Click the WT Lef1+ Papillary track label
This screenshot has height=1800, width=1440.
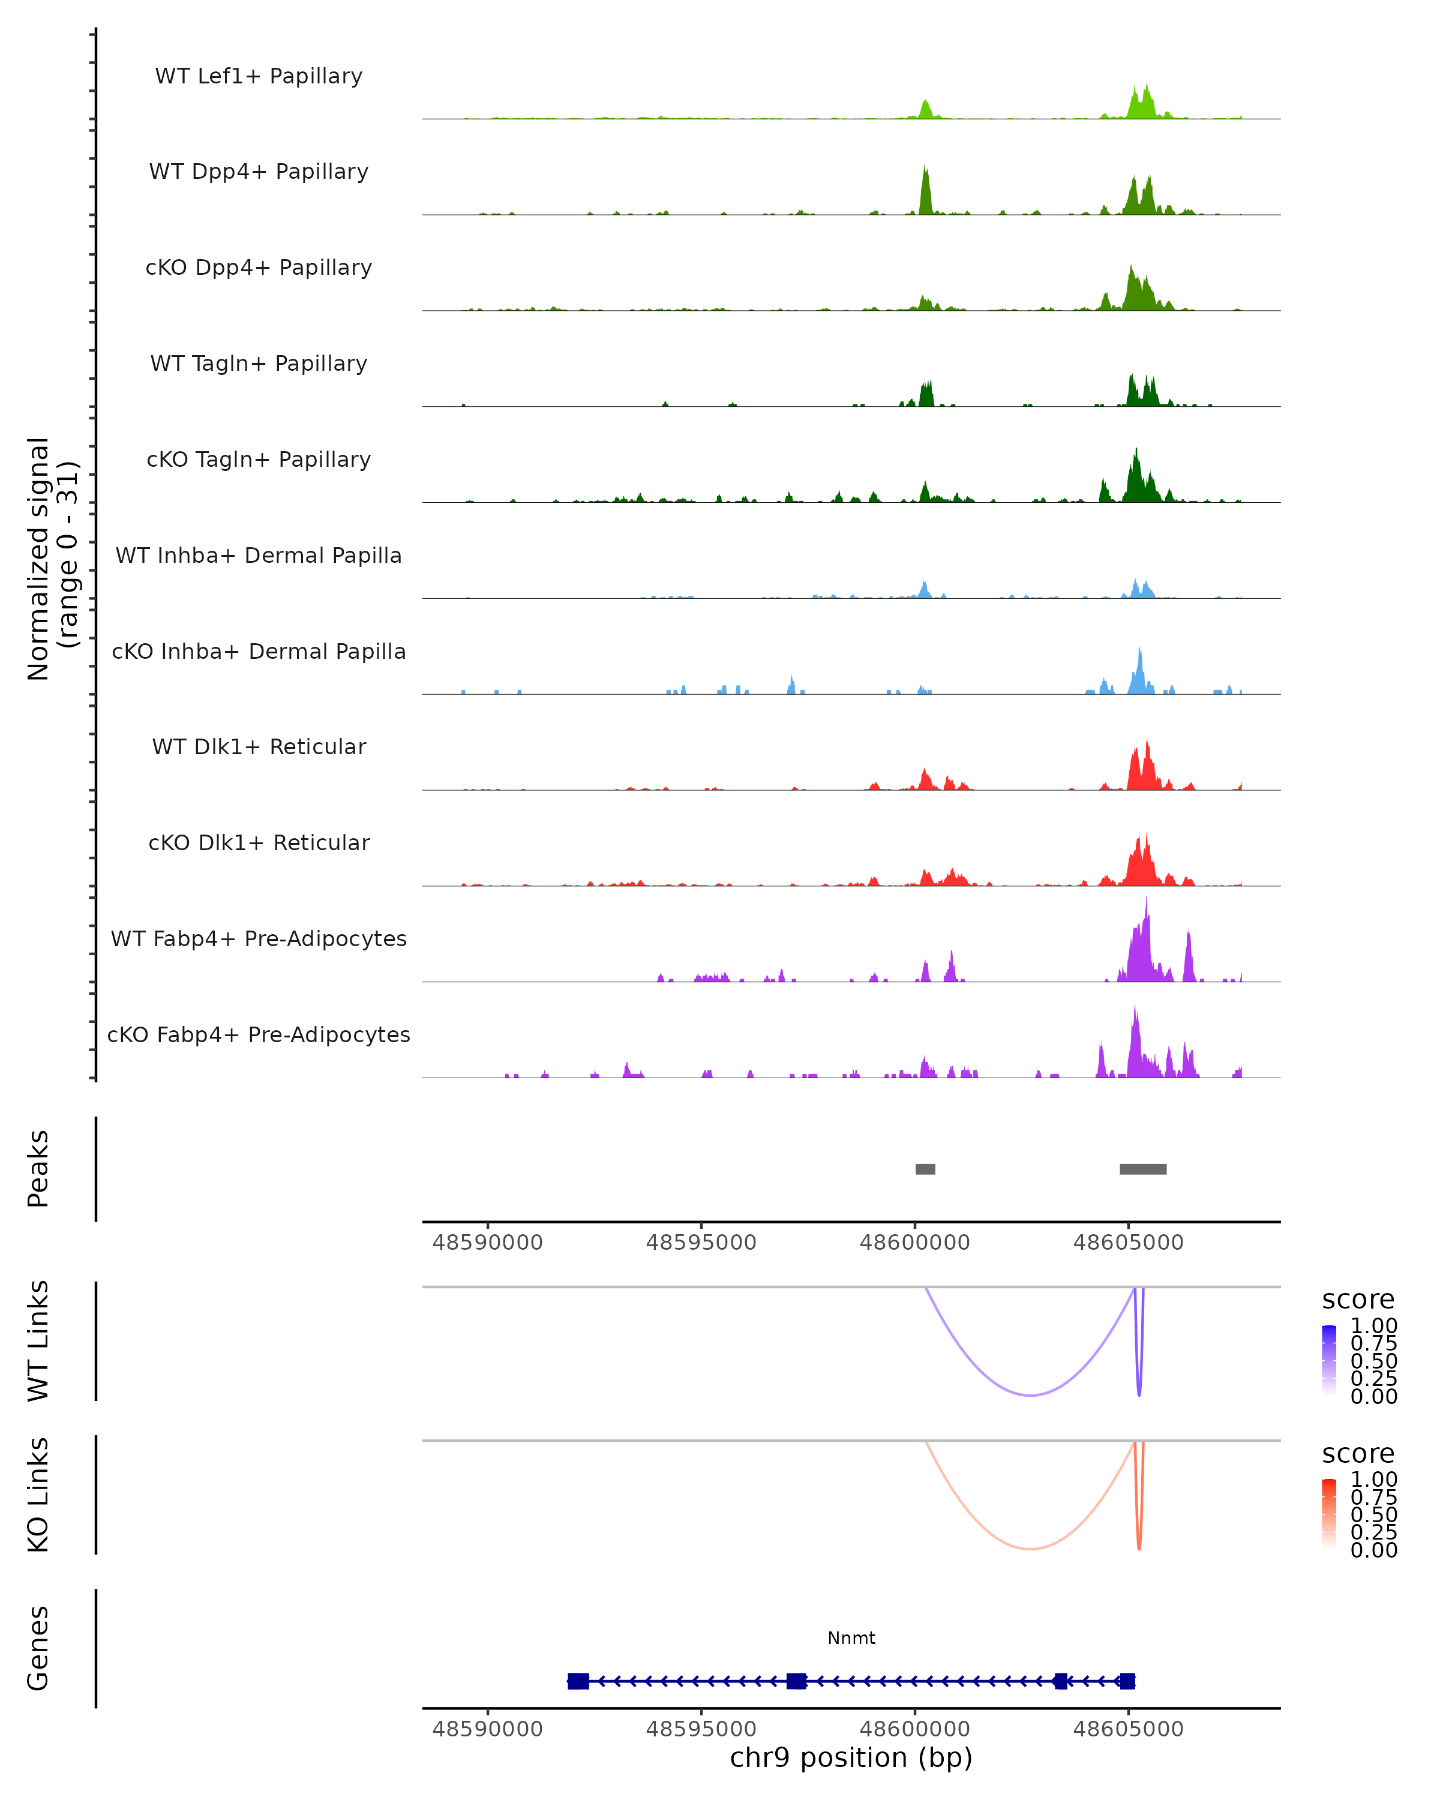click(x=259, y=76)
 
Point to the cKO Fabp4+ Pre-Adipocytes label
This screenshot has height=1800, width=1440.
click(x=259, y=1034)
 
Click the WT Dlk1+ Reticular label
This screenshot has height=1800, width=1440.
click(x=259, y=746)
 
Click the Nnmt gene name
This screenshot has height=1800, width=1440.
click(x=851, y=1638)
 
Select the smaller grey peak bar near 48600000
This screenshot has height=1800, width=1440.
click(x=925, y=1169)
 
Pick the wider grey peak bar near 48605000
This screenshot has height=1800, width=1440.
click(x=1143, y=1169)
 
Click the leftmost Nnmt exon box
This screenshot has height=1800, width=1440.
click(x=578, y=1681)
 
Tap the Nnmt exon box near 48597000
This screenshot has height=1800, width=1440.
click(x=796, y=1681)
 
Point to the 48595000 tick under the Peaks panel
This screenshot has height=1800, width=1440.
click(x=701, y=1243)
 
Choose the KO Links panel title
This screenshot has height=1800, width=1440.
click(x=38, y=1495)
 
